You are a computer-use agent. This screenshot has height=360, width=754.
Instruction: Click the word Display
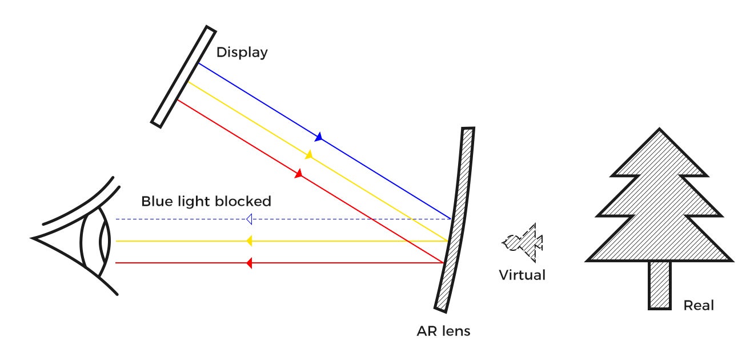click(242, 53)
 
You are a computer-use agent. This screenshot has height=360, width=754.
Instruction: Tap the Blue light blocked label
click(206, 202)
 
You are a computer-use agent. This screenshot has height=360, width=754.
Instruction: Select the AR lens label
click(444, 331)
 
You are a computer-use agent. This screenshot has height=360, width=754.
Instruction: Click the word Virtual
click(522, 275)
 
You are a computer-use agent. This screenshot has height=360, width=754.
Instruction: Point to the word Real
click(699, 305)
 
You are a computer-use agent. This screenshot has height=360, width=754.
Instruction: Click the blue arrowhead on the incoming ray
click(319, 137)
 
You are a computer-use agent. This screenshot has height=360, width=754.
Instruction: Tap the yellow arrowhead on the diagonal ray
click(309, 155)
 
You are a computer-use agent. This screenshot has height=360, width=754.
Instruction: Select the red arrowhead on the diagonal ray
click(298, 173)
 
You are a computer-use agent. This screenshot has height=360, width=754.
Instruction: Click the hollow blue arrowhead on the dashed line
click(249, 219)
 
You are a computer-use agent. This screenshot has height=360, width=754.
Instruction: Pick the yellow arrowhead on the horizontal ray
click(249, 241)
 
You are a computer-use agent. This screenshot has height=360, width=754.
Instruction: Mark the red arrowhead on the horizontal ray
click(249, 263)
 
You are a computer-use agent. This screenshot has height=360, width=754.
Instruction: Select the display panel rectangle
click(183, 76)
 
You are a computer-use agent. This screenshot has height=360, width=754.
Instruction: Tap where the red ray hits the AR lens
click(444, 263)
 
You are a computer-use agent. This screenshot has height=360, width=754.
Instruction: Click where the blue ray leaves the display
click(198, 63)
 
